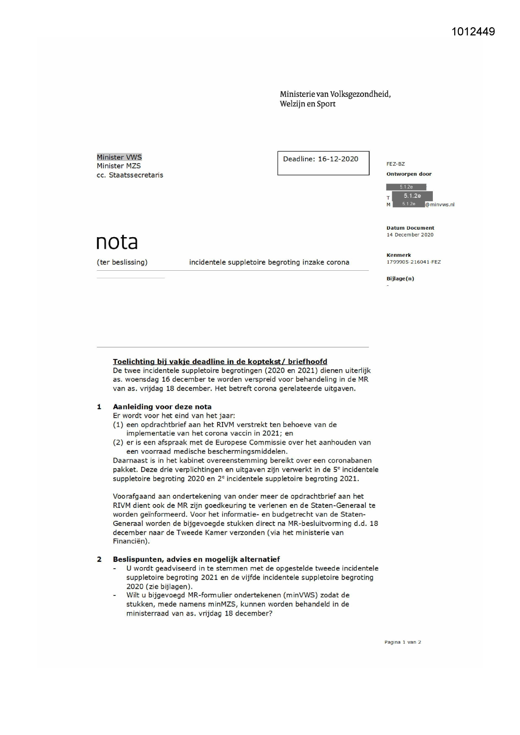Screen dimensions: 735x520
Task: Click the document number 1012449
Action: (473, 32)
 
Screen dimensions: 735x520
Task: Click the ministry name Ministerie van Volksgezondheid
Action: (335, 94)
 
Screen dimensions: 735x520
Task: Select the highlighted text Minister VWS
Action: (119, 157)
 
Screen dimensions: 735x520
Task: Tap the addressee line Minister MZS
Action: (119, 166)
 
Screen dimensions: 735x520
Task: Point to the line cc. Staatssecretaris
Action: (130, 175)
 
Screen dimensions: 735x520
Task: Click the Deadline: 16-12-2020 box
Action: (323, 163)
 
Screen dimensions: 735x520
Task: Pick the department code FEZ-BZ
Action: (396, 164)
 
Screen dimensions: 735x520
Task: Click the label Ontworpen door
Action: (409, 174)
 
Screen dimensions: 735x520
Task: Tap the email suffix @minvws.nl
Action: (440, 205)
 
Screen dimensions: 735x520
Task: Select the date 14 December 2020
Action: (410, 235)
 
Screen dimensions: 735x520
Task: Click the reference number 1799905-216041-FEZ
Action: (413, 262)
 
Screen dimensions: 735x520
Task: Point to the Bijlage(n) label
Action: (400, 279)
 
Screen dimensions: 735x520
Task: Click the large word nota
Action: (117, 242)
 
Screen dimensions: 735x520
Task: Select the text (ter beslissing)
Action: (122, 262)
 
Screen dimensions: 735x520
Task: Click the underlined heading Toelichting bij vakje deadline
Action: (220, 362)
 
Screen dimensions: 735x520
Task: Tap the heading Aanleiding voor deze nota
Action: (162, 407)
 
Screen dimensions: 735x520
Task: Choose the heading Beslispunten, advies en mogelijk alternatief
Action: (196, 559)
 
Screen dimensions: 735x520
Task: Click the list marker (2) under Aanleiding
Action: (118, 443)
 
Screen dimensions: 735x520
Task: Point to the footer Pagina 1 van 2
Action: (402, 642)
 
